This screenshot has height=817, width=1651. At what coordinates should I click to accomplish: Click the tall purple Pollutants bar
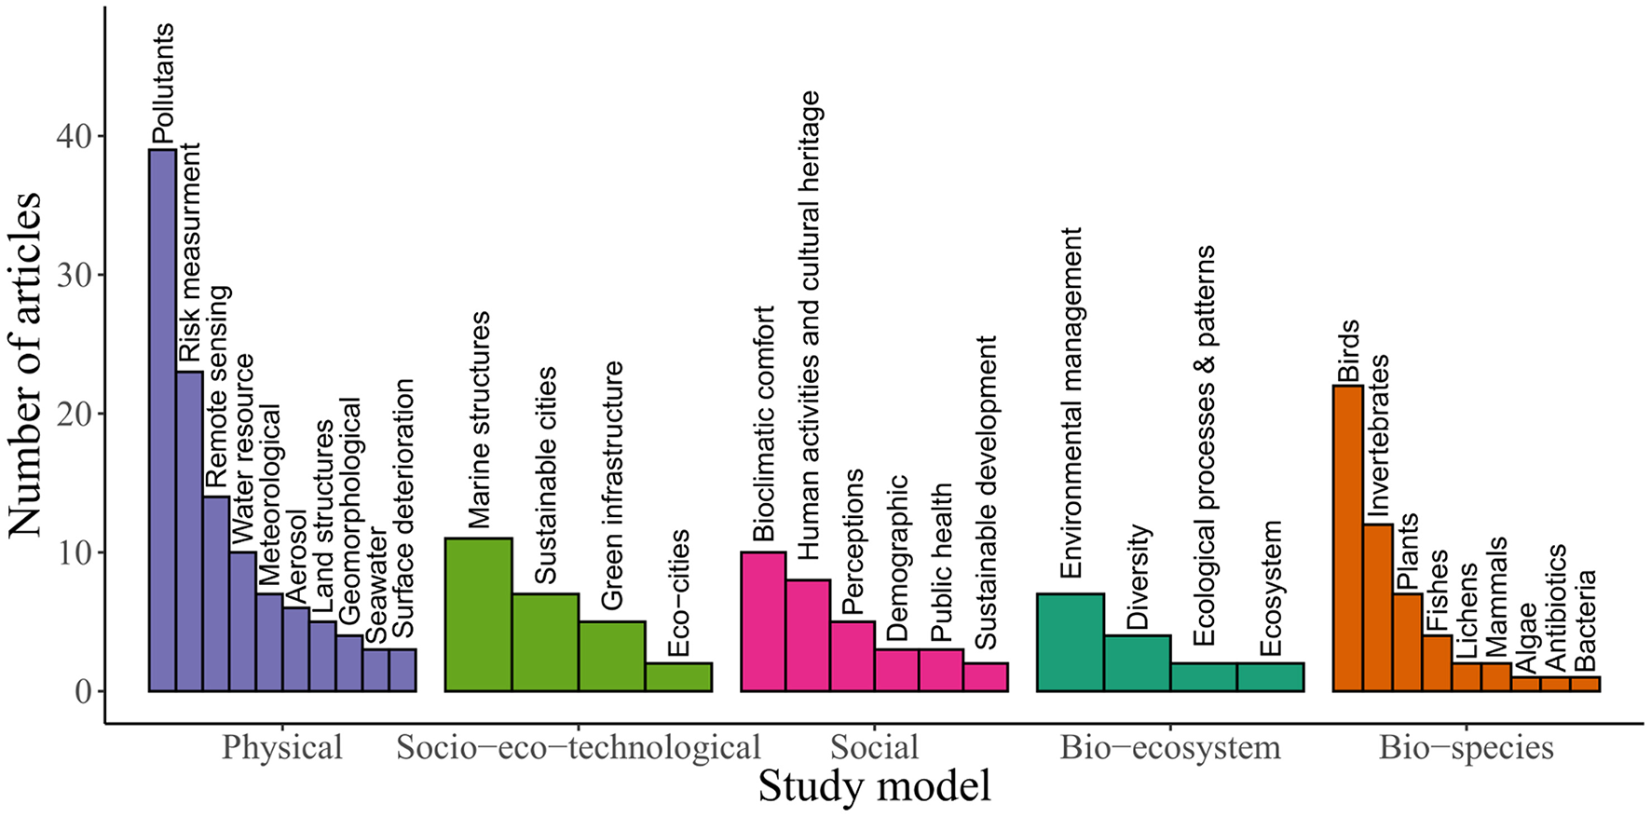tap(162, 419)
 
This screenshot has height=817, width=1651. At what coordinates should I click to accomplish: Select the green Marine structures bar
tap(478, 615)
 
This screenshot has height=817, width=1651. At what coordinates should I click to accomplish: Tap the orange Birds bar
tap(1347, 538)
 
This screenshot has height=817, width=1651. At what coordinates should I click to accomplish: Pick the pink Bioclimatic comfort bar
tap(762, 622)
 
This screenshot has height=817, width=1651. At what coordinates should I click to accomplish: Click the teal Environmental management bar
tap(1070, 643)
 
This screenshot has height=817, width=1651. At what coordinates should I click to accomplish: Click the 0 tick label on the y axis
tap(83, 691)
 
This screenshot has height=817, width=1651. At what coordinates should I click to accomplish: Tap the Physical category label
tap(281, 747)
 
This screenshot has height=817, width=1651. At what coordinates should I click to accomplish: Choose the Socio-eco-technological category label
tap(578, 747)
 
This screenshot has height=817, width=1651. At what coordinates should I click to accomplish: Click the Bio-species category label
tap(1466, 747)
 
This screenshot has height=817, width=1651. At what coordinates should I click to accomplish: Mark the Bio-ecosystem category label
tap(1169, 747)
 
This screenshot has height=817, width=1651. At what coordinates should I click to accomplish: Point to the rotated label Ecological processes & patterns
tap(1204, 445)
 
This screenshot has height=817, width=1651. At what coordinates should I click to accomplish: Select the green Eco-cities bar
tap(678, 677)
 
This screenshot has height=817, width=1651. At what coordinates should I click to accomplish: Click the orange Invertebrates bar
tap(1377, 607)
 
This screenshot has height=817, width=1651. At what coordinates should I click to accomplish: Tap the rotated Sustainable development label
tap(985, 492)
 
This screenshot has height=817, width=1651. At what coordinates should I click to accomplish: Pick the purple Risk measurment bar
tap(189, 531)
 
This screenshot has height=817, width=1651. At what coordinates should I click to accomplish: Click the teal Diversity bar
tap(1137, 663)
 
